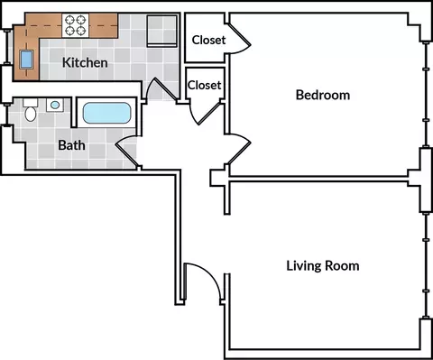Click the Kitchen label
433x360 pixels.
(x=85, y=63)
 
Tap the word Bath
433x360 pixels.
(x=72, y=144)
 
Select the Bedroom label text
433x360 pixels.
(x=323, y=95)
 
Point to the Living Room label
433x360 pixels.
(x=322, y=265)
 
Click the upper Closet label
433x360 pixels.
(x=208, y=40)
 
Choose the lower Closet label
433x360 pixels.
(x=204, y=85)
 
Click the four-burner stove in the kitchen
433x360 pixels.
(x=77, y=23)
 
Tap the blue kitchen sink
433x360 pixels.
(x=27, y=60)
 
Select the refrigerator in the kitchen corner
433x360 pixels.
(x=162, y=30)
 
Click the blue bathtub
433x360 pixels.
(x=107, y=113)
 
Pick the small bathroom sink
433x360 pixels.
(x=55, y=106)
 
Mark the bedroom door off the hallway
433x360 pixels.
(x=236, y=150)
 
